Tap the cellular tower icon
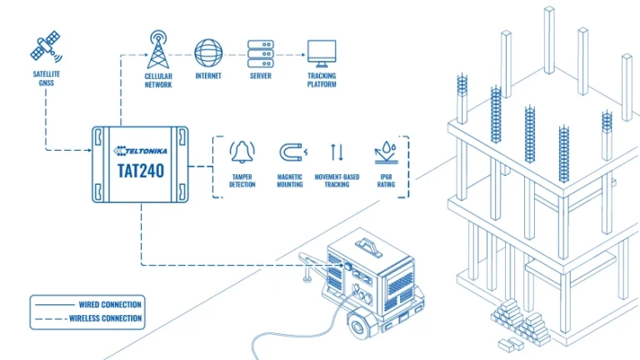(157, 51)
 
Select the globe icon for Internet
(208, 52)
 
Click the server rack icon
(262, 52)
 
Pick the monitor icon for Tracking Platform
(322, 52)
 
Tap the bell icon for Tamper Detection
(242, 152)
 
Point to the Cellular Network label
(157, 81)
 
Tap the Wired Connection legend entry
(109, 304)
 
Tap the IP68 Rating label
(386, 180)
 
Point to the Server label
(261, 77)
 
